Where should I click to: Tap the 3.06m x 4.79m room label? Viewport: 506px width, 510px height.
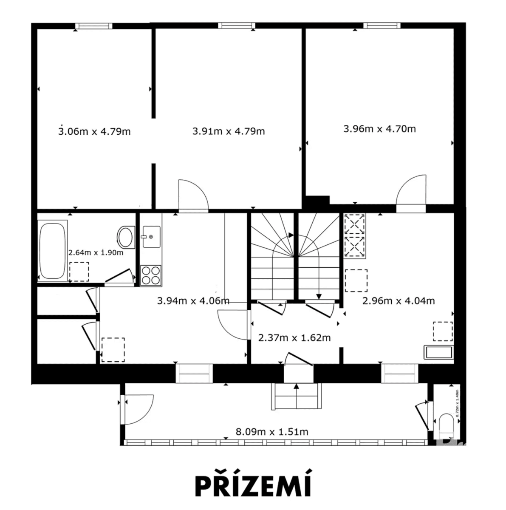coord(94,131)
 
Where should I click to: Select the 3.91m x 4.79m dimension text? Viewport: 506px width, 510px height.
coord(229,131)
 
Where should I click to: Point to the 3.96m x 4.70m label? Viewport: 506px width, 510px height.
coord(379,128)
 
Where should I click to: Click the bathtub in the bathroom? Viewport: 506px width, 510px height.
coord(53,249)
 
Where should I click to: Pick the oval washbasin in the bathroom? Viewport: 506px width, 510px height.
coord(126,237)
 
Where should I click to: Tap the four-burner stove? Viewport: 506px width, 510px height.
coord(151,275)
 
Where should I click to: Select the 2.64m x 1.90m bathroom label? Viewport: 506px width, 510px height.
coord(96,252)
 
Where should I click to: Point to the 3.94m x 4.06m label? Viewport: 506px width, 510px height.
coord(193,301)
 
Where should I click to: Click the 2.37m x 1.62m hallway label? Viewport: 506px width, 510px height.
coord(294,338)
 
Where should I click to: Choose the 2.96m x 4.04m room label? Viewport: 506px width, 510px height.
coord(398,301)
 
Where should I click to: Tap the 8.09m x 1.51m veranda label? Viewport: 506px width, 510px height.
coord(272,432)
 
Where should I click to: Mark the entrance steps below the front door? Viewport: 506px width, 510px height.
coord(296,396)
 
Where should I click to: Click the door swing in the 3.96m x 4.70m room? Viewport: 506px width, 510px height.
coord(411,191)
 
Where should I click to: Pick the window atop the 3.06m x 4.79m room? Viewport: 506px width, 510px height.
coord(94,26)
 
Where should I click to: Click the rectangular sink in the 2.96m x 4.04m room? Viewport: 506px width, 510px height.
coord(438,352)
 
